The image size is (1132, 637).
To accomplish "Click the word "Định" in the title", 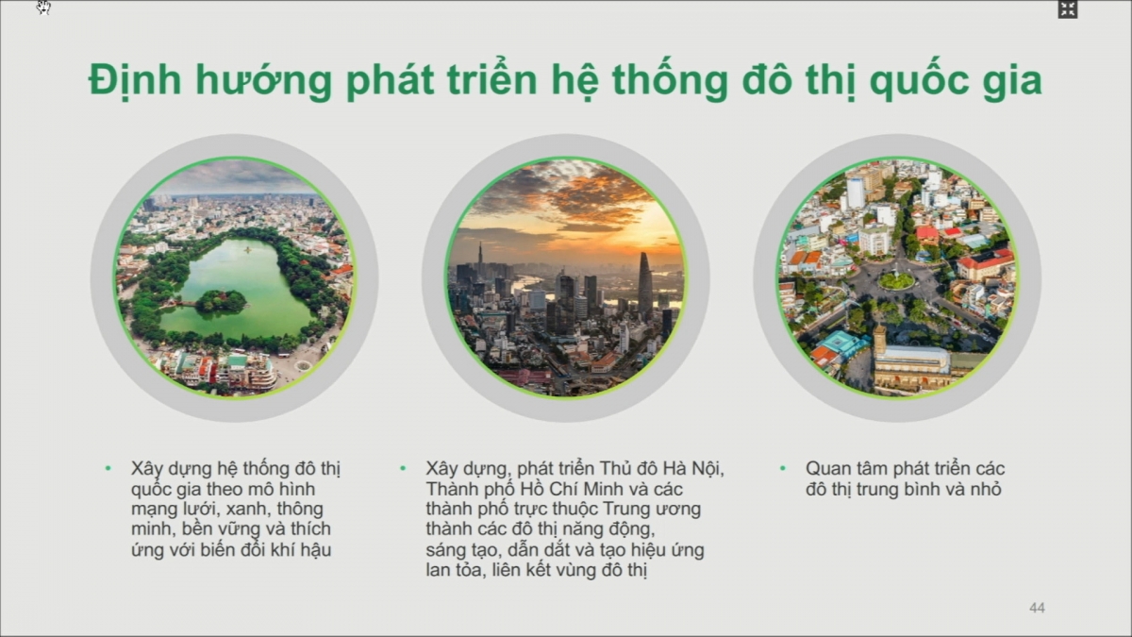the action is click(135, 81).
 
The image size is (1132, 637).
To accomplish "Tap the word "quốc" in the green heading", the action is click(916, 82).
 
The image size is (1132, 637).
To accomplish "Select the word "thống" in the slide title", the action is click(670, 81).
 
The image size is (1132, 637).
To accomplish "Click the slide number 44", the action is click(1037, 608).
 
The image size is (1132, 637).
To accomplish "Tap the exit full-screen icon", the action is click(1068, 9).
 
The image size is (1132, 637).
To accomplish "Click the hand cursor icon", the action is click(43, 8).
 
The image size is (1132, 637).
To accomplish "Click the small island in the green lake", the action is click(221, 301).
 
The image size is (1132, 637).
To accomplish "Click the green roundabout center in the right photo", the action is click(896, 280).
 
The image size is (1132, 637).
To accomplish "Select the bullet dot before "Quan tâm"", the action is click(783, 469).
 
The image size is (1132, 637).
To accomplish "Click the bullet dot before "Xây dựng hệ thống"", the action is click(108, 469).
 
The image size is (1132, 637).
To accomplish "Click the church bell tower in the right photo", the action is click(880, 341).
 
